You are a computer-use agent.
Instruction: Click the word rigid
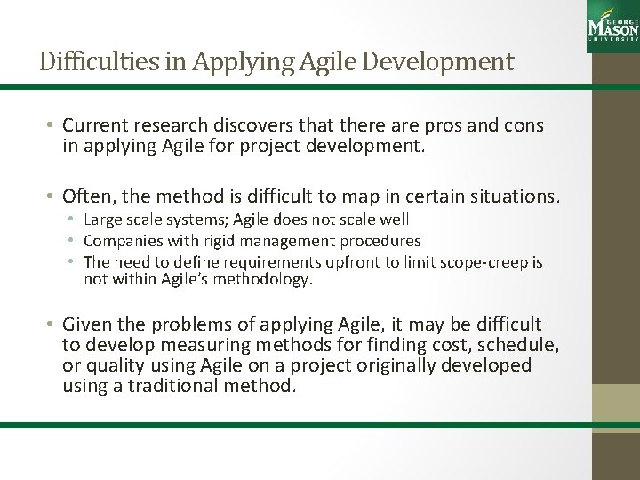point(203,240)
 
